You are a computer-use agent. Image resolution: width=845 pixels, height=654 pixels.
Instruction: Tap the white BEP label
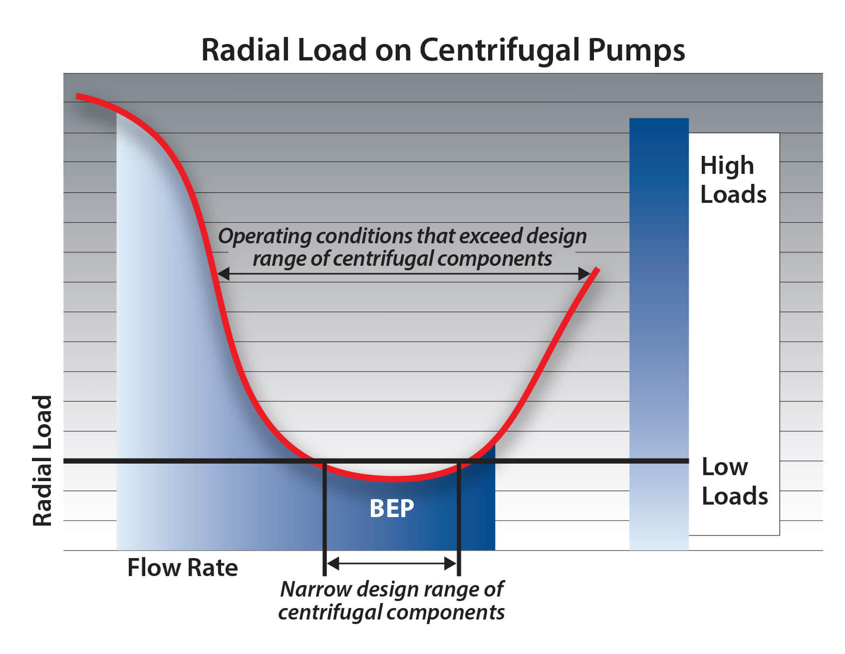coord(391,509)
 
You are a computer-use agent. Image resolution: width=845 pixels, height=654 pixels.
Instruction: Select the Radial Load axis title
coord(42,461)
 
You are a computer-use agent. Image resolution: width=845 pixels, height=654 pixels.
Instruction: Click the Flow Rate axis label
coord(182,568)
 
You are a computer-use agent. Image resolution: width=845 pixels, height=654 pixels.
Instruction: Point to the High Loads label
coord(732,180)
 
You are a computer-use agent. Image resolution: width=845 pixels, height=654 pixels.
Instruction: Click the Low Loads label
coord(734,482)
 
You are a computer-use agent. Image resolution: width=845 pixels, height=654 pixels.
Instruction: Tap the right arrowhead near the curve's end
coord(584,273)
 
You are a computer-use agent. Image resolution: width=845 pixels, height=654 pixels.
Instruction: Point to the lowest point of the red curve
coord(394,479)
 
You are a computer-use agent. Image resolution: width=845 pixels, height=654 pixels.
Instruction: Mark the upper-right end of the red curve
coord(597,270)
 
